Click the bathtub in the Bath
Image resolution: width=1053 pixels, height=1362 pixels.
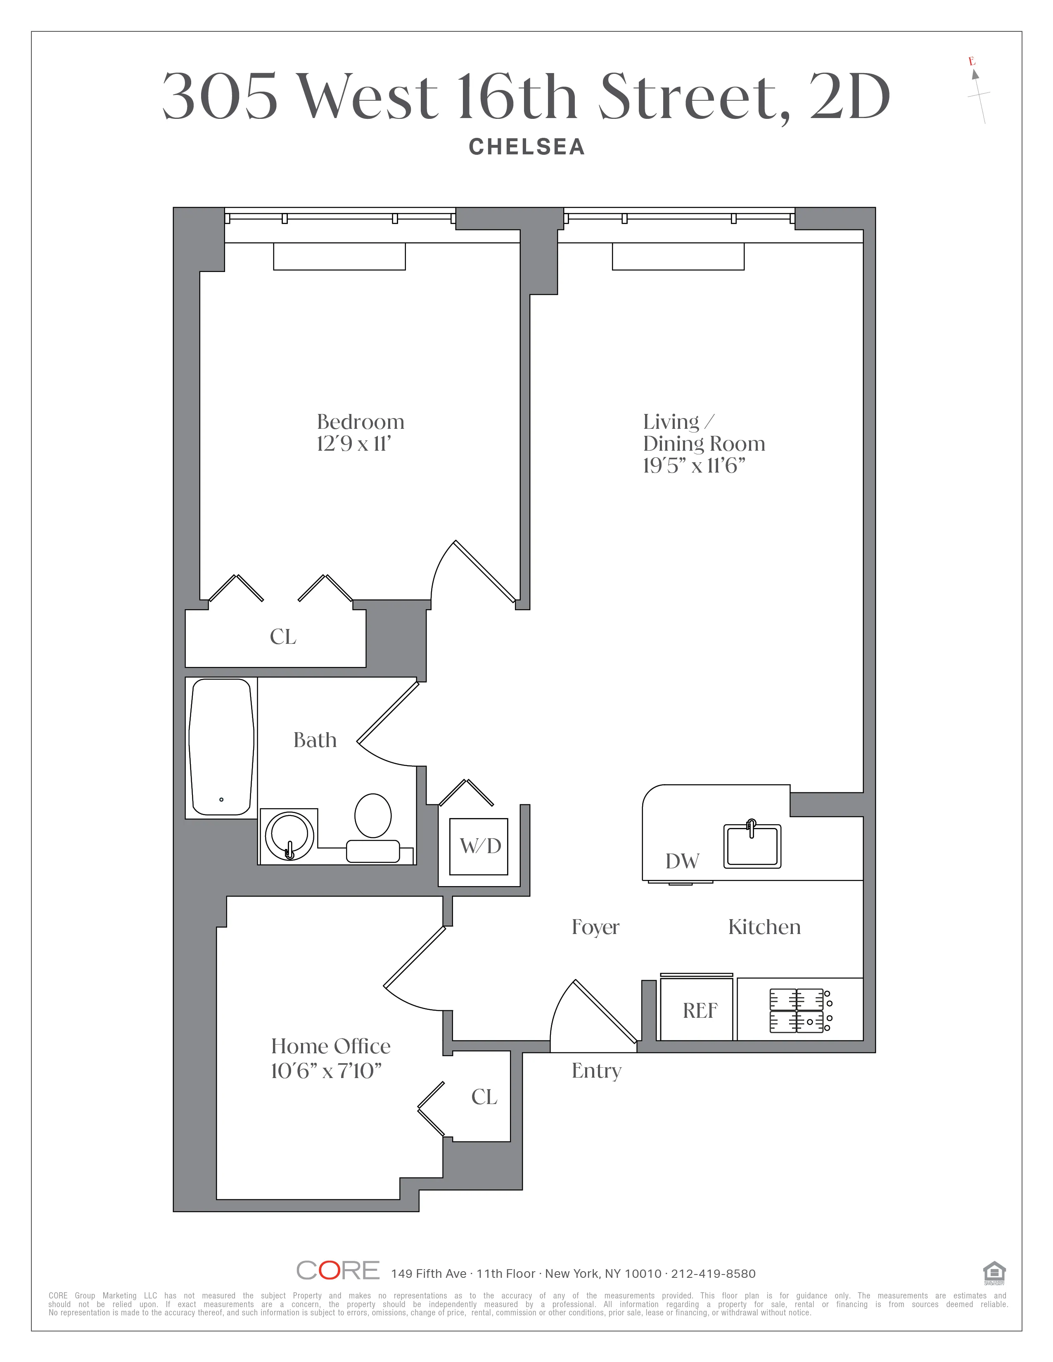[221, 747]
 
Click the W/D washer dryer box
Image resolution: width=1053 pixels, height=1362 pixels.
[479, 846]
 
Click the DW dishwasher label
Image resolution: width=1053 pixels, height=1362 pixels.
[682, 861]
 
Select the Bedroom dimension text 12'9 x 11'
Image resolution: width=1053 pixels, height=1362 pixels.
[354, 444]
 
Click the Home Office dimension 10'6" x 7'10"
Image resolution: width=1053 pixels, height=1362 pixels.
[326, 1071]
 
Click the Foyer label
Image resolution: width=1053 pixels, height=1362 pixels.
[595, 927]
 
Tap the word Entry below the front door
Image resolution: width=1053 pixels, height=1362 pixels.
[596, 1071]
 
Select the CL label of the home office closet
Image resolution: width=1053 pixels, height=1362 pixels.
[484, 1097]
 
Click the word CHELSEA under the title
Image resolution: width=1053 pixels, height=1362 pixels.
[526, 147]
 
